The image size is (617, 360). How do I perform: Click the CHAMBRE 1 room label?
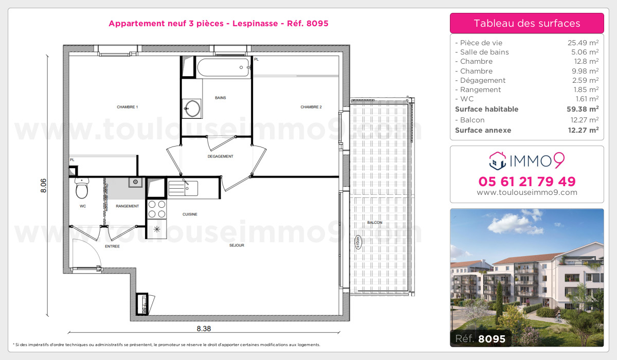point(128,107)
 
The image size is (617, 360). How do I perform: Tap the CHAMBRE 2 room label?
point(311,107)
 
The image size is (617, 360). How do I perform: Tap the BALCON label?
point(374,222)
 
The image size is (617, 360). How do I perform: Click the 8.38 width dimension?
point(204,329)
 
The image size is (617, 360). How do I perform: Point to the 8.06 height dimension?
point(44,186)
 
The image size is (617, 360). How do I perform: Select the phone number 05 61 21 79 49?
point(527,182)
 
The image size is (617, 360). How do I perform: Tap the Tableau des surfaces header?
point(527,23)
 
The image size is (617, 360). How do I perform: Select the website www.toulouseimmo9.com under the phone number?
point(527,193)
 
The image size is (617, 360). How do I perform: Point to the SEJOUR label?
point(237,245)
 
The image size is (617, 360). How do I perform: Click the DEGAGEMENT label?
point(220,156)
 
